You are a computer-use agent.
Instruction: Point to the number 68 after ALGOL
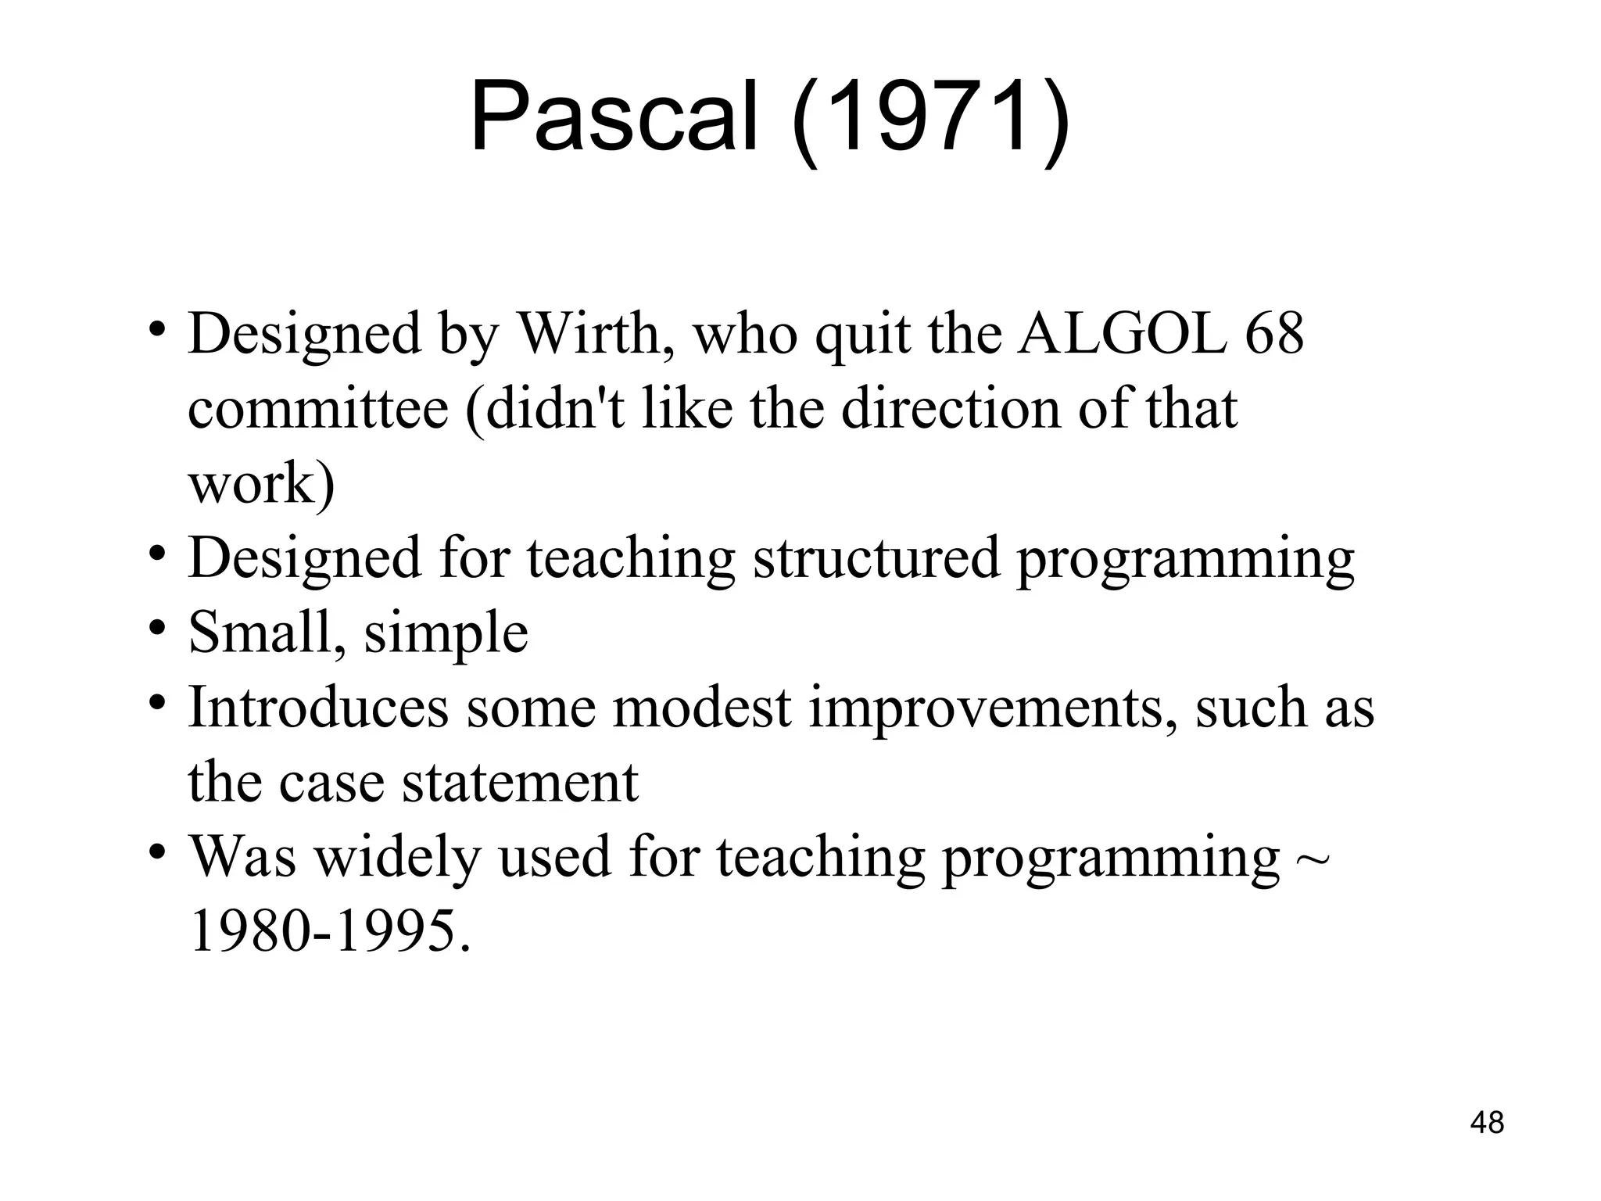[x=1274, y=334]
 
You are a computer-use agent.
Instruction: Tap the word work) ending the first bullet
[x=261, y=484]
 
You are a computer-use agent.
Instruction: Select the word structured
[x=876, y=558]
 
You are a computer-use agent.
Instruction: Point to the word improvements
[x=992, y=707]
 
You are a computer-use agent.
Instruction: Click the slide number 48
[x=1487, y=1123]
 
